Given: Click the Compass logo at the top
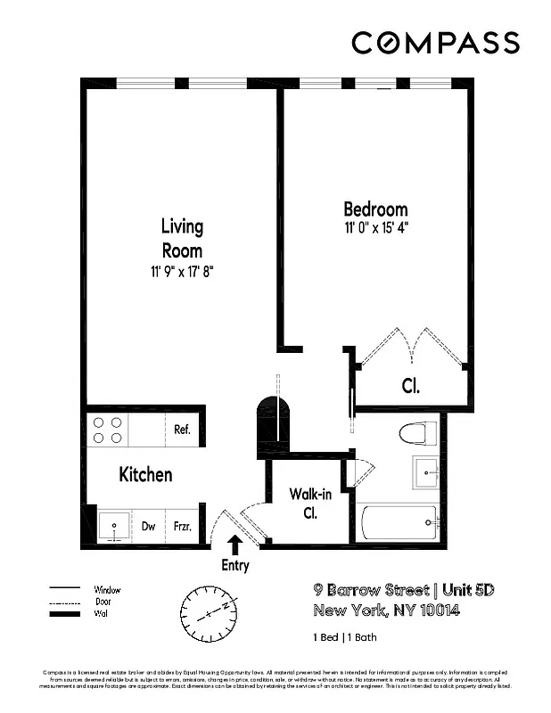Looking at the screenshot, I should (435, 43).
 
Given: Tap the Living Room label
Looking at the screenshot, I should (182, 238).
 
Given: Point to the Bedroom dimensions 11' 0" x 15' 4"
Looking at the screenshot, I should (375, 228).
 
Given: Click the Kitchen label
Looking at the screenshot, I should (145, 474).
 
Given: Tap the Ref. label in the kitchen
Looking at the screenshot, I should (182, 430).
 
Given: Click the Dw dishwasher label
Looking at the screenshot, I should (148, 527).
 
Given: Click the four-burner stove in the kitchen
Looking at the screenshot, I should (108, 430).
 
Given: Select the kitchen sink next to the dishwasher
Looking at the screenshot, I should (113, 526).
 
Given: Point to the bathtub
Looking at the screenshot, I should (398, 520).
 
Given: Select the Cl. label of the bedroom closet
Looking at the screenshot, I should (410, 387).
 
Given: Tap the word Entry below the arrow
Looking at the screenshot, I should (235, 566).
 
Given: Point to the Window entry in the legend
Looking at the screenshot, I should (108, 590).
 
